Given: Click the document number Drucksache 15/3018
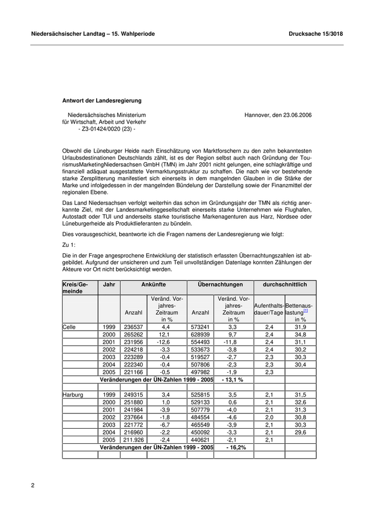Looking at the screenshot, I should point(315,34).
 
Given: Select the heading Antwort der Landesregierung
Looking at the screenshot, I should point(102,100).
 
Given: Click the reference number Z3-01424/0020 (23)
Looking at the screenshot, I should point(107,129).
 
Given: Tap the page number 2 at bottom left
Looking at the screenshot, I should point(33,485).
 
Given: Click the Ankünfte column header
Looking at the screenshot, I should point(153,285).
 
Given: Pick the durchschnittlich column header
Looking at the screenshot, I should point(284,285).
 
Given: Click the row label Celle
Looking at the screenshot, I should point(69,326).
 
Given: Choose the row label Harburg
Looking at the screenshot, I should point(73,395).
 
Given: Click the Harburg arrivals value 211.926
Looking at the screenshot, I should point(133,440).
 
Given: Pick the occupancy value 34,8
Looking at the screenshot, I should point(300,334).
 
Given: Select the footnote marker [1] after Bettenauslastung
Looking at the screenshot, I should point(305,310).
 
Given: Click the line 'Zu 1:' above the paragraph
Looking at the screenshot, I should point(69,244).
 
